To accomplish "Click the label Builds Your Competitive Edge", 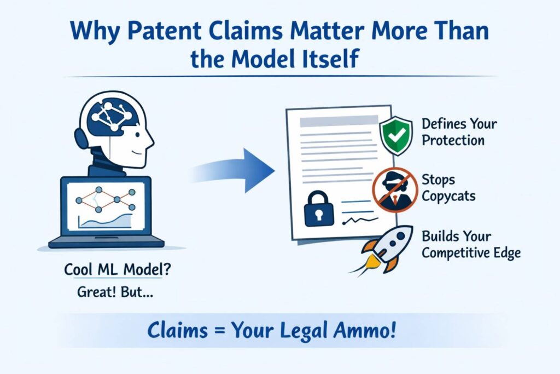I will click(471, 245).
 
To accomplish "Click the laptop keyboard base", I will click(106, 241).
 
